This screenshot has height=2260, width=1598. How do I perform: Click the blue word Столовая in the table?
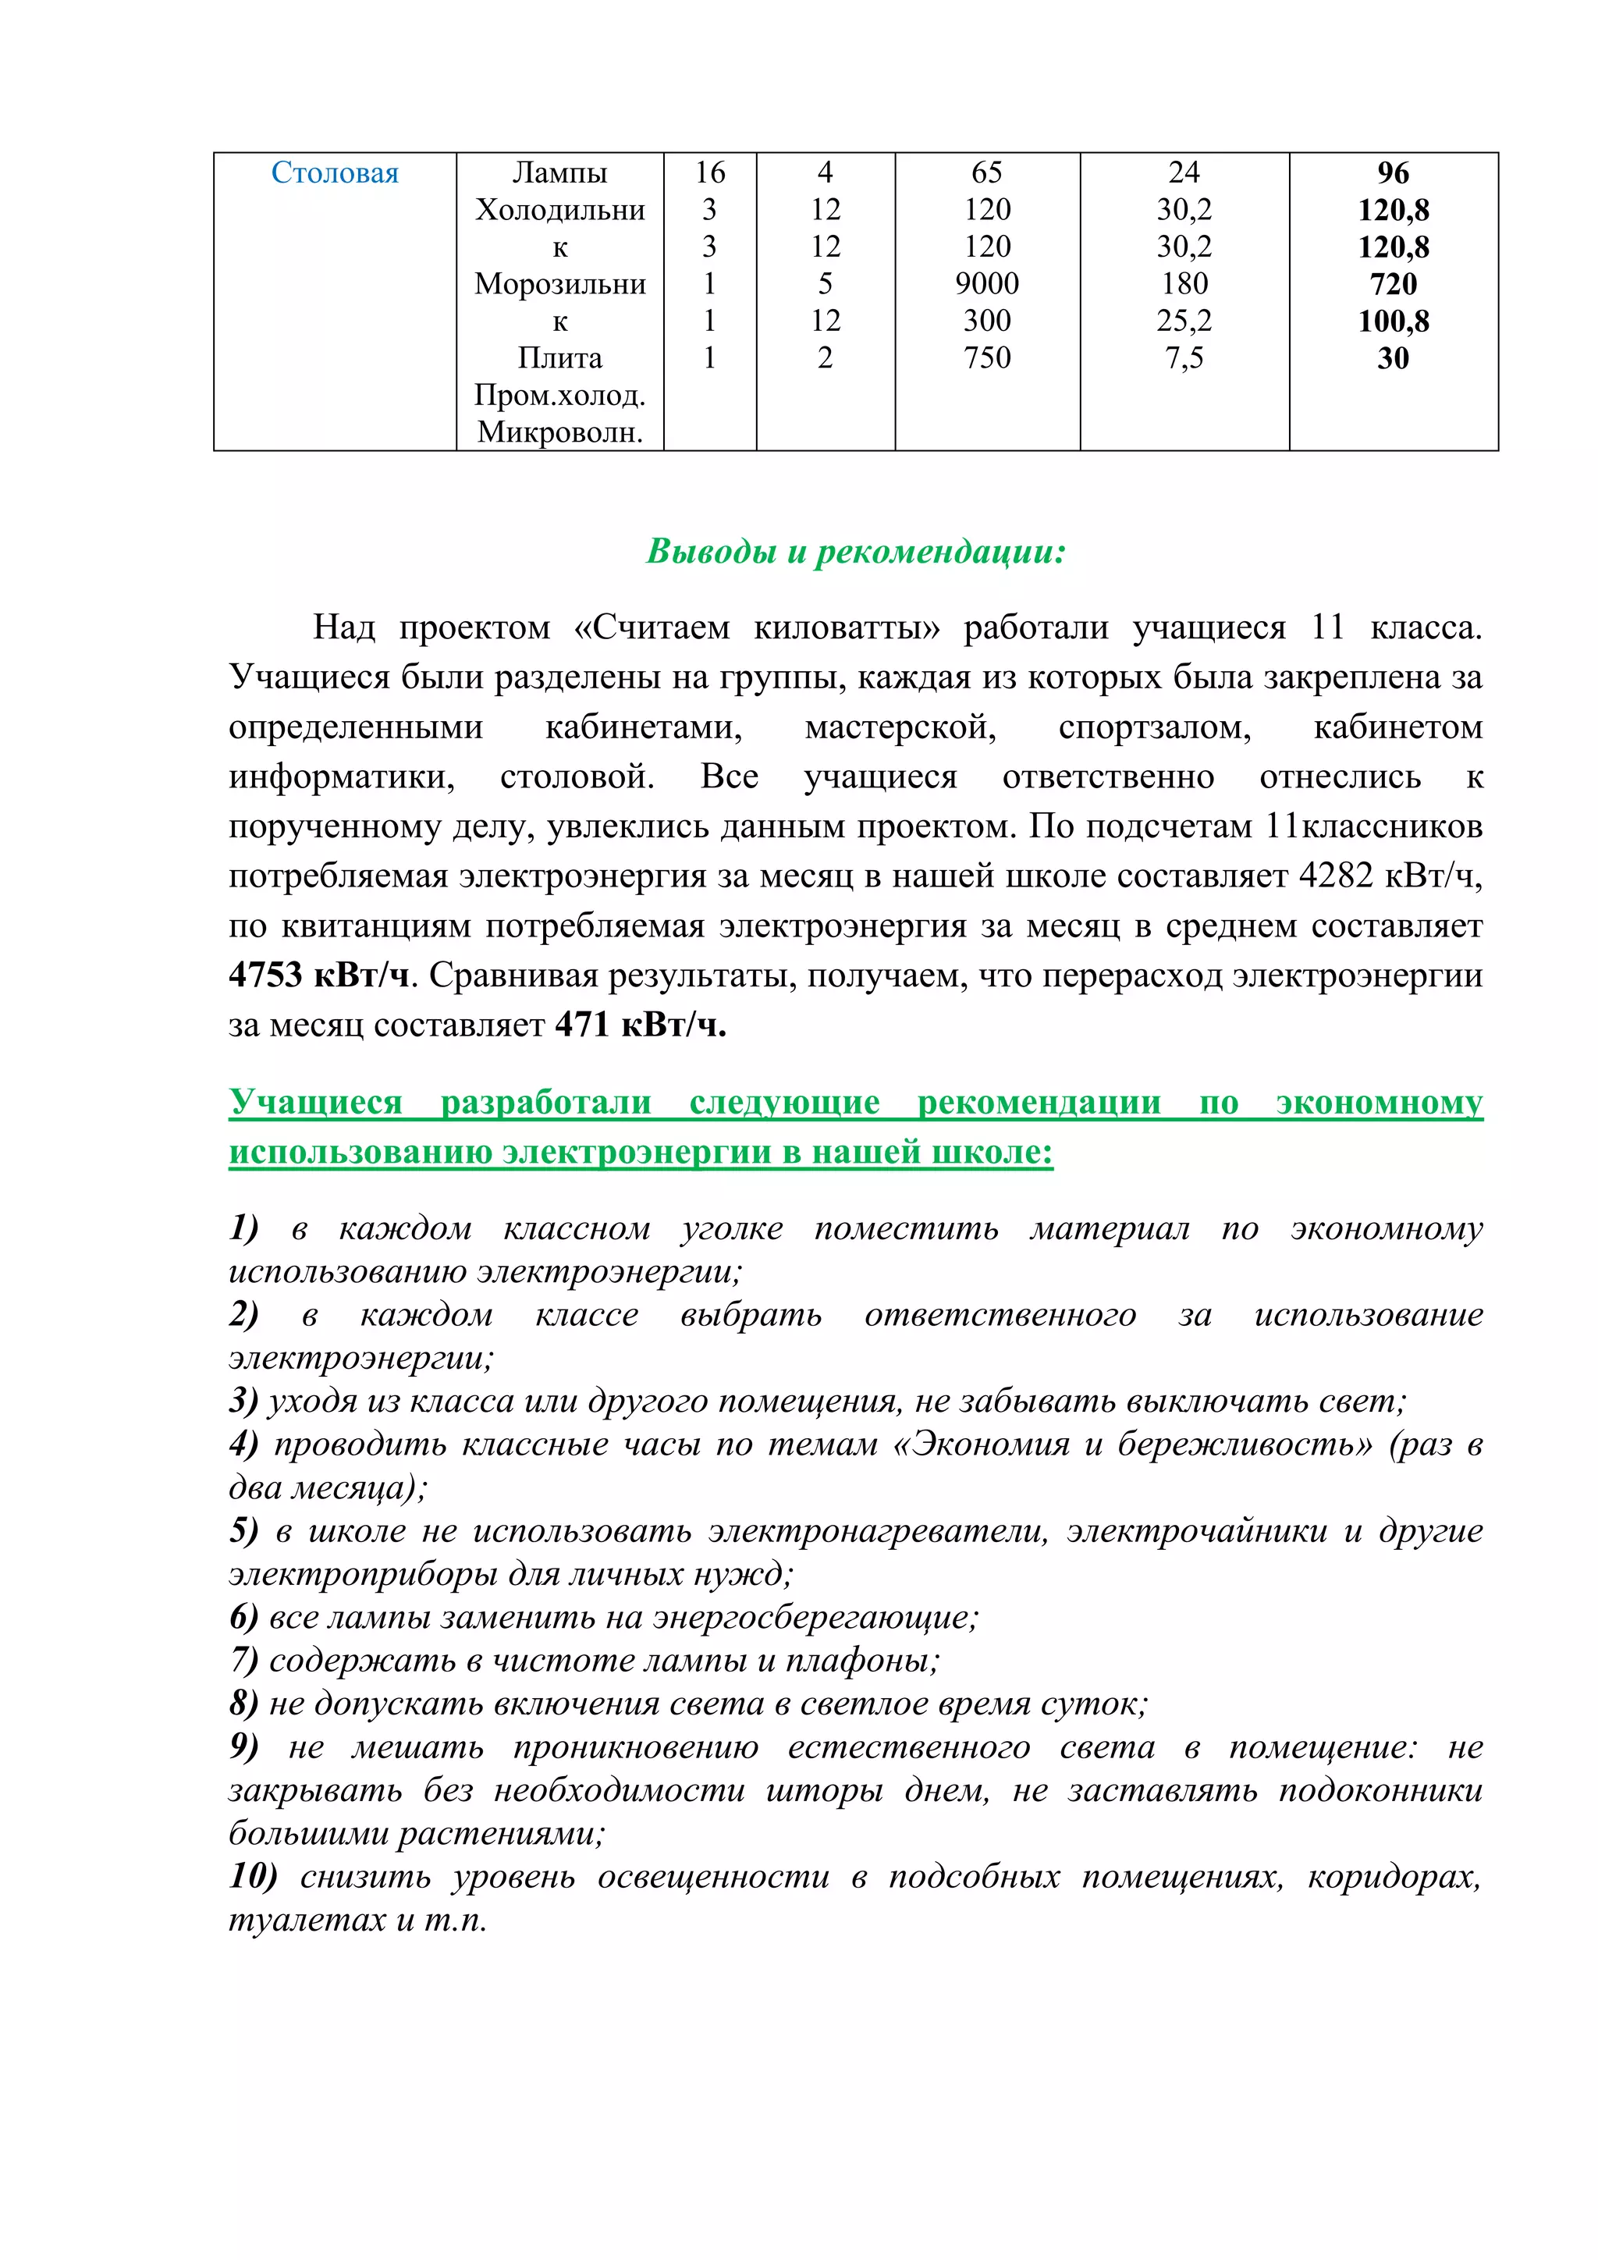(335, 173)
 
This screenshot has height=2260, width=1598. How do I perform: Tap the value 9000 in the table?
(987, 283)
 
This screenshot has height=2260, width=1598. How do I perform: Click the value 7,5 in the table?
(1184, 358)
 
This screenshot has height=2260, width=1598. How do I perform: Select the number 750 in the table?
(987, 358)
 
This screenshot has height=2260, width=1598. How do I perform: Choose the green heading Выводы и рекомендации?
(855, 551)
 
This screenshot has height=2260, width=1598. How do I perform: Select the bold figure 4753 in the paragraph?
(265, 975)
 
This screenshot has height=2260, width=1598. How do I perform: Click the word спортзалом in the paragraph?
(1154, 727)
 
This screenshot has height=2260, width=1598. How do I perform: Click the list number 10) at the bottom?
(253, 1876)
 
